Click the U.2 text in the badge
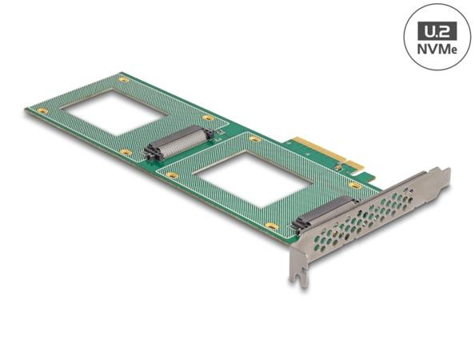point(437,31)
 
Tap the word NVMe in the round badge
point(437,49)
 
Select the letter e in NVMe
point(452,49)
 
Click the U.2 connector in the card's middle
point(180,143)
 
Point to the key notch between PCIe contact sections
point(345,164)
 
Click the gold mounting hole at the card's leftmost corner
point(42,110)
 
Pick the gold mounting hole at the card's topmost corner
point(123,78)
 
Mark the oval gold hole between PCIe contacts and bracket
point(354,186)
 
